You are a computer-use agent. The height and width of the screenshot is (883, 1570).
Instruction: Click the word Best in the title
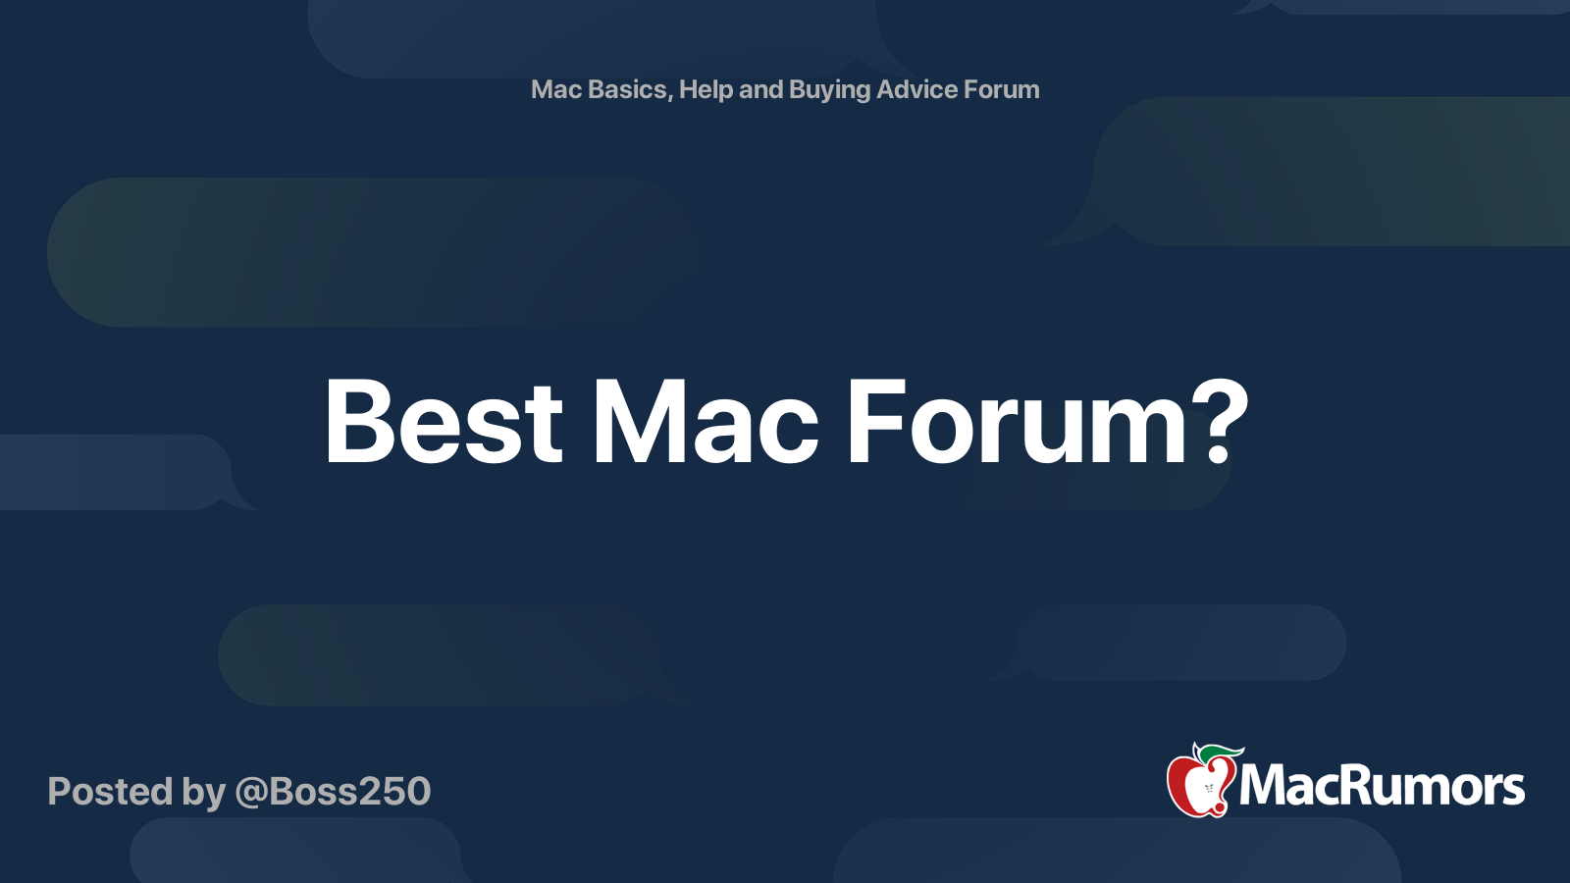tap(444, 422)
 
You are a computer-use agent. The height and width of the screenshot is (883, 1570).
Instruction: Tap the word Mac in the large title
tap(705, 422)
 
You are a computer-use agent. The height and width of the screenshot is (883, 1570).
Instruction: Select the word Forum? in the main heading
tap(1046, 422)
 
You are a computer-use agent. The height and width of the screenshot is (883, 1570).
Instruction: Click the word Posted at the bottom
tap(110, 792)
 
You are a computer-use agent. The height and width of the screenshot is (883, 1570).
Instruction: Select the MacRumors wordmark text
tap(1382, 787)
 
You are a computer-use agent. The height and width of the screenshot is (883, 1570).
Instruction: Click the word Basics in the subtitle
tap(629, 89)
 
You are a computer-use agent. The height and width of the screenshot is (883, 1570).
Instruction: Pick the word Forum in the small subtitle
tap(1002, 89)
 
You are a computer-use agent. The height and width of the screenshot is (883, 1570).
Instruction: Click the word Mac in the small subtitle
tap(556, 89)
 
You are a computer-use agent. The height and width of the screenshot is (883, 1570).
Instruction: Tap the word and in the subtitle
tap(760, 89)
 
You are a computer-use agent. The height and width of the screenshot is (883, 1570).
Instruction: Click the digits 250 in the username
tap(396, 792)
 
